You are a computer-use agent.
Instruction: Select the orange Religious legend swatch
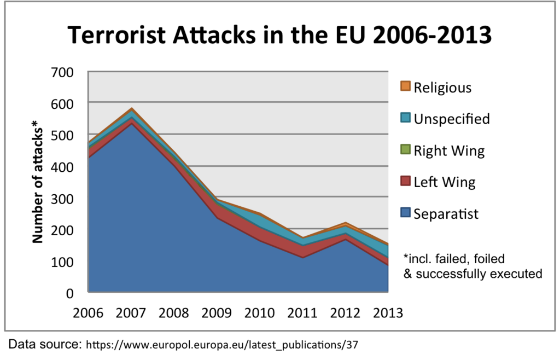(405, 86)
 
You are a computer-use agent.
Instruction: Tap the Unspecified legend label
(451, 119)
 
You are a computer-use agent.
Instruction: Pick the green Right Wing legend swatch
(405, 149)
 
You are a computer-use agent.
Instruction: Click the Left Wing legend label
(444, 182)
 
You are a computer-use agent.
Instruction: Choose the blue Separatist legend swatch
(405, 213)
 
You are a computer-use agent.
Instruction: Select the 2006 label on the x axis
(88, 313)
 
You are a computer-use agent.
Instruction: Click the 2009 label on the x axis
(217, 313)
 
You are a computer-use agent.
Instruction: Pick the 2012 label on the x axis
(345, 313)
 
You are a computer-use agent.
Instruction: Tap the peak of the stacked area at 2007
(132, 108)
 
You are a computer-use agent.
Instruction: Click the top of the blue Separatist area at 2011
(302, 257)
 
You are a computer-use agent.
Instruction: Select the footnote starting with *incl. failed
(472, 265)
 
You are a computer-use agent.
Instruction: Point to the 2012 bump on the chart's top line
(346, 223)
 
